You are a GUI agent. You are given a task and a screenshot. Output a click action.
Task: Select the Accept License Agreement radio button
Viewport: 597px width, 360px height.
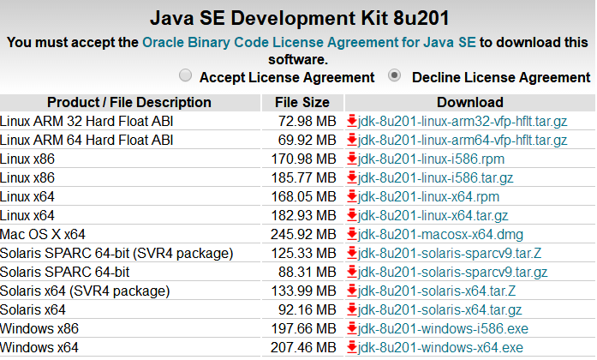click(186, 75)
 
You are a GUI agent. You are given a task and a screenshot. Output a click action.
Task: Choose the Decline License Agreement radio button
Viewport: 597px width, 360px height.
click(395, 75)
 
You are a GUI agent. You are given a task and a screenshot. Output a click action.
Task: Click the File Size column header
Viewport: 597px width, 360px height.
click(301, 103)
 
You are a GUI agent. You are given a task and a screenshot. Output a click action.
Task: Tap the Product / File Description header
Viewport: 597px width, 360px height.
click(129, 103)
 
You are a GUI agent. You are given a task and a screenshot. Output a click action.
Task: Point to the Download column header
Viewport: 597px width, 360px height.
click(469, 103)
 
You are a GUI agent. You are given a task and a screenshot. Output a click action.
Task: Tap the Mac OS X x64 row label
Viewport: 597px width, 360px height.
click(43, 235)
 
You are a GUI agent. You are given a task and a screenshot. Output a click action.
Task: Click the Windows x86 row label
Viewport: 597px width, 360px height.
click(39, 329)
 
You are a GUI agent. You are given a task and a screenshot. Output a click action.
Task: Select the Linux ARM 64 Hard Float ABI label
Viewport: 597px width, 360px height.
click(87, 141)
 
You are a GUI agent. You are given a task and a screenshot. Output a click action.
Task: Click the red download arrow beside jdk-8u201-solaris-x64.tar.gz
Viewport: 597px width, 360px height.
click(351, 310)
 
